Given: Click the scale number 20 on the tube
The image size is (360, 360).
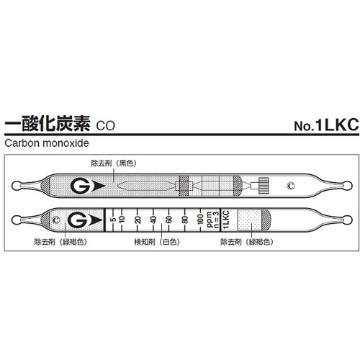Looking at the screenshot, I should pyautogui.click(x=137, y=218).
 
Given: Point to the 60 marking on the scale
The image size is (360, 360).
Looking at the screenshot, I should pyautogui.click(x=168, y=218).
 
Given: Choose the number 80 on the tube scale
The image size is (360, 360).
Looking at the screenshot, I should pyautogui.click(x=185, y=218).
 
